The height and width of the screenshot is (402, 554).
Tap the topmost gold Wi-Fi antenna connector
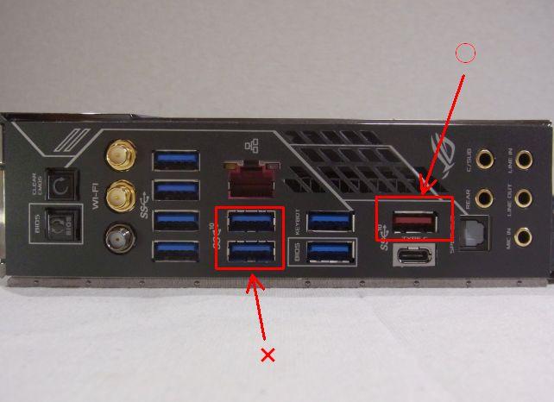(118, 158)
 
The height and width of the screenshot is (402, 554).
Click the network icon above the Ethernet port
(252, 148)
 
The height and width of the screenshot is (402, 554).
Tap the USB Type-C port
(415, 257)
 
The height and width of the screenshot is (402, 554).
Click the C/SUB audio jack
(486, 159)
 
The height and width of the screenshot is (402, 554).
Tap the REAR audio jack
(486, 198)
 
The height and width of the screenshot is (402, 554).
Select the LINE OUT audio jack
(522, 199)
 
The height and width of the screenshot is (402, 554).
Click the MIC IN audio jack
(522, 237)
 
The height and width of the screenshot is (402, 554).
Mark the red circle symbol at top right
(465, 53)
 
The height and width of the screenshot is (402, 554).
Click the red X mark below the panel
(268, 355)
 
